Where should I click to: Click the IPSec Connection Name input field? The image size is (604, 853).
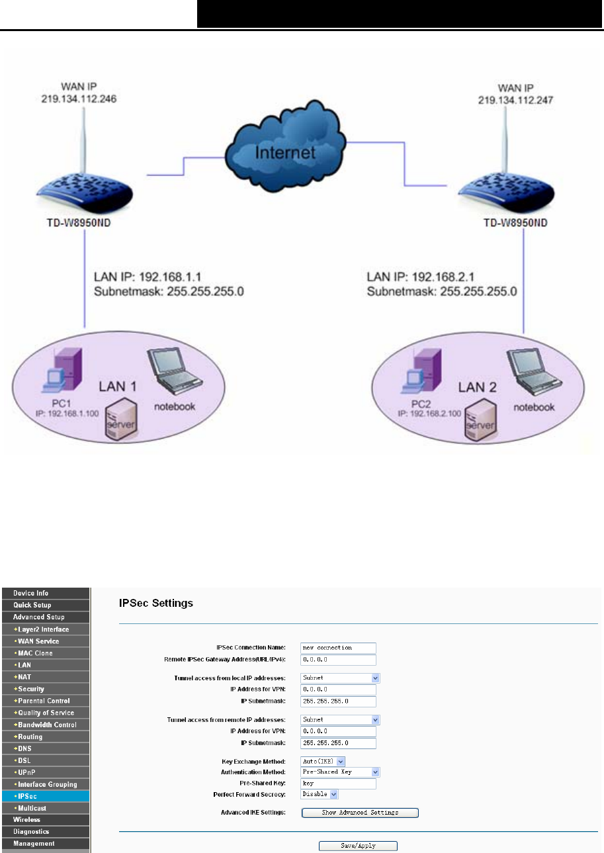(337, 648)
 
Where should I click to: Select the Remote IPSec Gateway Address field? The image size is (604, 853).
(337, 660)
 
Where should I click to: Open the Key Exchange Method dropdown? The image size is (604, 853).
(323, 762)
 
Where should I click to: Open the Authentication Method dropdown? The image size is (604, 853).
(340, 772)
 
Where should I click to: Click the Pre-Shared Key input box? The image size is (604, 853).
(337, 784)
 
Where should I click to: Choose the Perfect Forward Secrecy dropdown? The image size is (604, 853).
(320, 794)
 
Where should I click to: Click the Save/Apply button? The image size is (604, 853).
(357, 846)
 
